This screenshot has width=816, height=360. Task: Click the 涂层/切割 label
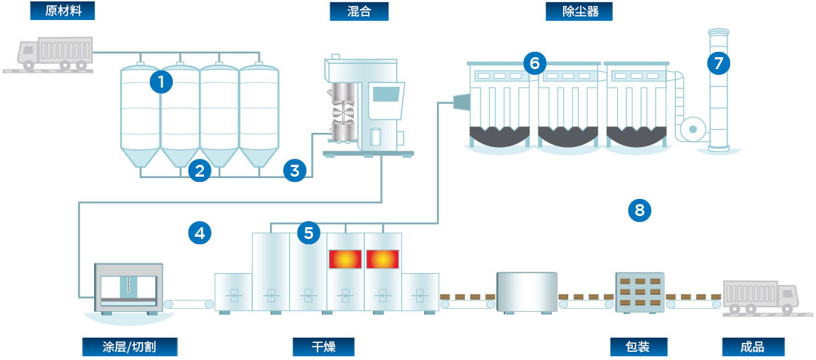(130, 347)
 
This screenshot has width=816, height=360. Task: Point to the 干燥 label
(323, 347)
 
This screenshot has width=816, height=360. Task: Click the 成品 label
(752, 347)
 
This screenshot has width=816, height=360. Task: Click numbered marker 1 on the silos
(161, 81)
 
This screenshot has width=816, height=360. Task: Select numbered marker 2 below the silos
(198, 171)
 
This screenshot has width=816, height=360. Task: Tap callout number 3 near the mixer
(295, 171)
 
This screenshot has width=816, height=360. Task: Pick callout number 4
(199, 233)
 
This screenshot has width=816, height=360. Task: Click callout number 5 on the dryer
(309, 233)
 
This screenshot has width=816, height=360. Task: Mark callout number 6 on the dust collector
(533, 63)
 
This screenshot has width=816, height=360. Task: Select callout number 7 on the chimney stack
(717, 63)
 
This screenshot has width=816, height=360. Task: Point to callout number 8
(639, 210)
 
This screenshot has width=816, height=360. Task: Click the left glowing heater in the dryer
(345, 259)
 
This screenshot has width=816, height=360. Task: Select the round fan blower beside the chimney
(692, 128)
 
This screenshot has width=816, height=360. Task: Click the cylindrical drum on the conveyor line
(527, 292)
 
